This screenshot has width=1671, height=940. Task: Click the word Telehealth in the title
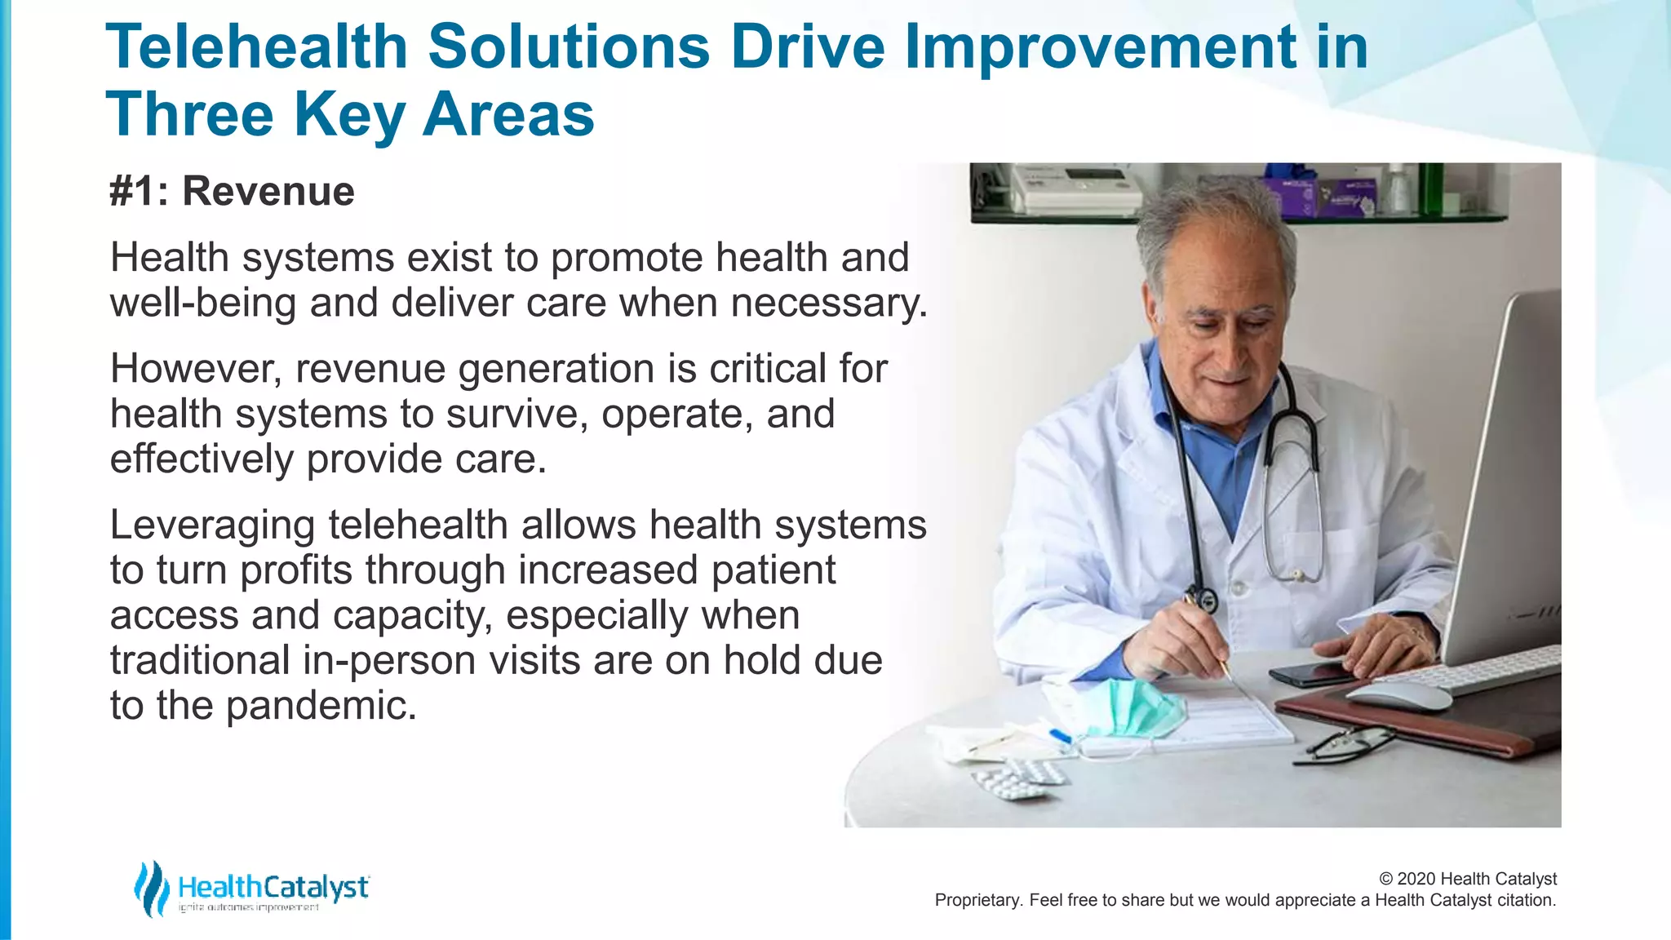click(x=256, y=47)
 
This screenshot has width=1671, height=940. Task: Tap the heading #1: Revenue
click(x=232, y=192)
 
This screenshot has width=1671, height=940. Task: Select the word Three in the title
click(x=189, y=115)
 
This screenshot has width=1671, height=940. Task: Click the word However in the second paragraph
click(x=196, y=369)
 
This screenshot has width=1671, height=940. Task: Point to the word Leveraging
click(x=212, y=525)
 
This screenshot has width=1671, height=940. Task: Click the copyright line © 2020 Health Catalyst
click(x=1467, y=879)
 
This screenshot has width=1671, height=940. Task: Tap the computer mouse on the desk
click(x=1397, y=695)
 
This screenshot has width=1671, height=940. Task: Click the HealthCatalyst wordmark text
click(x=273, y=887)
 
